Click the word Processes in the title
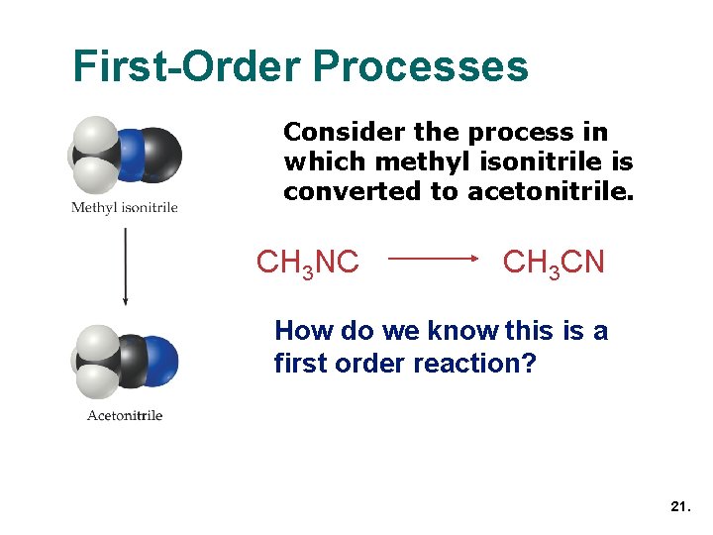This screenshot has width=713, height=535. point(420,66)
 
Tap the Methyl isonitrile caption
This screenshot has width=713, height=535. point(125,208)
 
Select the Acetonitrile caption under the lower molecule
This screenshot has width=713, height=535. point(125,415)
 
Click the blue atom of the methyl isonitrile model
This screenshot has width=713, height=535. point(130,155)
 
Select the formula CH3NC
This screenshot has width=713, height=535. point(307,263)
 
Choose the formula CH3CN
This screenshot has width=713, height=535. point(554,263)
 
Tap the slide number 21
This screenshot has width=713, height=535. point(679,506)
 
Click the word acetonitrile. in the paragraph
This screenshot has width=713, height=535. point(549,191)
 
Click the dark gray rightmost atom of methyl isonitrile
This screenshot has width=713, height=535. point(159,154)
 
